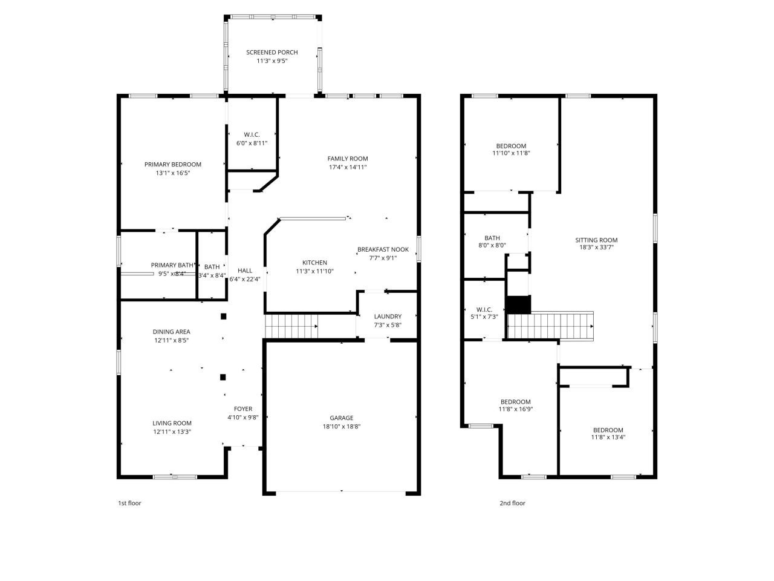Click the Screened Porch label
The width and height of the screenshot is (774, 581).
[272, 53]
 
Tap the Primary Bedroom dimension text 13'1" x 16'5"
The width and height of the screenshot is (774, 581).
[172, 173]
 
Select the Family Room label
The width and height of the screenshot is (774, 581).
[347, 159]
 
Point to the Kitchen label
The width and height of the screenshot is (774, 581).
[314, 263]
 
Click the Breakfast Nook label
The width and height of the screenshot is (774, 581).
[383, 249]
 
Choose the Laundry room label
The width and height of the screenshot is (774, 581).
[388, 317]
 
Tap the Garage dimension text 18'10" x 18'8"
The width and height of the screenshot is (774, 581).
[341, 426]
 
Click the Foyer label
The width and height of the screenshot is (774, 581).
[243, 409]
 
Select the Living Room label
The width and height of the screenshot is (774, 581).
[172, 423]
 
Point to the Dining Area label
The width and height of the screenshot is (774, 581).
[171, 332]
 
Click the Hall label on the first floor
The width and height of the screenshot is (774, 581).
[245, 271]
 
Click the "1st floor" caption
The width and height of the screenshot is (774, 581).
[129, 503]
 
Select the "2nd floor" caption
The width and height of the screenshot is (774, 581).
[512, 503]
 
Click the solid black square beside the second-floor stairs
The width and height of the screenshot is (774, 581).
[518, 304]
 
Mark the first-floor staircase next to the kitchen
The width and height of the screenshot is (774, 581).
[291, 327]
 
